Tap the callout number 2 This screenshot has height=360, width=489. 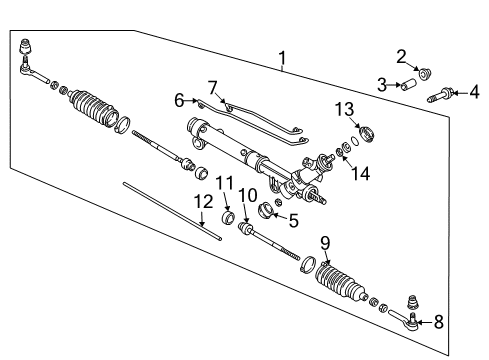point(402,56)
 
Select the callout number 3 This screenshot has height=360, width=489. point(382,85)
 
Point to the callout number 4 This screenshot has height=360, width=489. point(474,94)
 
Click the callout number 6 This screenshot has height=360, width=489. point(180,100)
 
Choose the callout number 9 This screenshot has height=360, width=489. point(324,243)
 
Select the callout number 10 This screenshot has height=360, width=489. point(249,194)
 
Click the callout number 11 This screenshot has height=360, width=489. point(225,182)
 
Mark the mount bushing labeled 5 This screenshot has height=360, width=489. point(268,211)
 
